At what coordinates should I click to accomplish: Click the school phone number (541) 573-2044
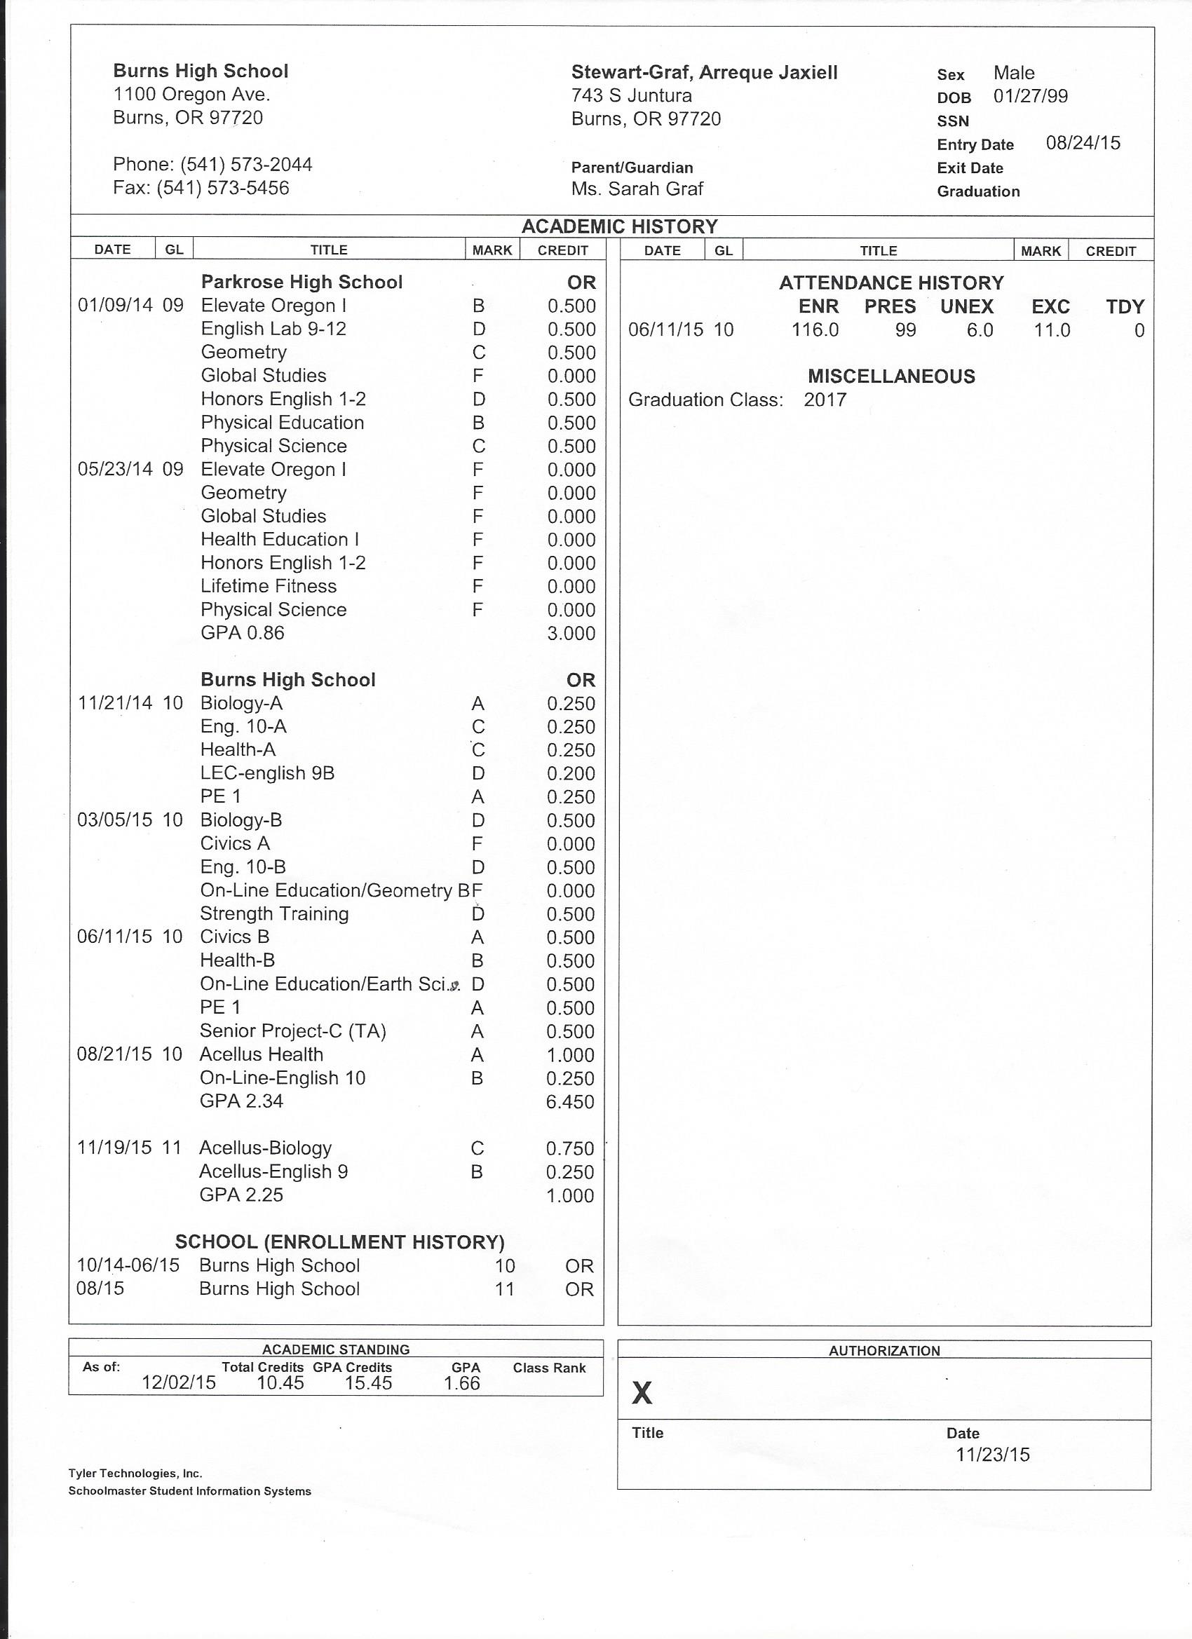pyautogui.click(x=246, y=165)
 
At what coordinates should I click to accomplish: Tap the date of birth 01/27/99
pyautogui.click(x=1030, y=97)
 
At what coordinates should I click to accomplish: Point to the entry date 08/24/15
pyautogui.click(x=1083, y=143)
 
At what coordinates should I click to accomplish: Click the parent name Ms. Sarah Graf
pyautogui.click(x=637, y=189)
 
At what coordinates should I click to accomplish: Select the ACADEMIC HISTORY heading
pyautogui.click(x=620, y=227)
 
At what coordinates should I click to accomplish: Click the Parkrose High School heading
pyautogui.click(x=302, y=283)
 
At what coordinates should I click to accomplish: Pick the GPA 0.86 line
pyautogui.click(x=242, y=633)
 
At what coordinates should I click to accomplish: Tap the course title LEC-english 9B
pyautogui.click(x=266, y=773)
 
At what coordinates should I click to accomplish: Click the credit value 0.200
pyautogui.click(x=570, y=774)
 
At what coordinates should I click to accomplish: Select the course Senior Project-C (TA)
pyautogui.click(x=293, y=1031)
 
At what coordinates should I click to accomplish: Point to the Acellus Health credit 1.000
pyautogui.click(x=570, y=1055)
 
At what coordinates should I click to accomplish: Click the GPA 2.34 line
pyautogui.click(x=241, y=1101)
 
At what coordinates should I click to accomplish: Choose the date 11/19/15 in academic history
pyautogui.click(x=114, y=1148)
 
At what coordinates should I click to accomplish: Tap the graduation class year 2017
pyautogui.click(x=825, y=400)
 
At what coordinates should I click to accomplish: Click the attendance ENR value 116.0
pyautogui.click(x=815, y=331)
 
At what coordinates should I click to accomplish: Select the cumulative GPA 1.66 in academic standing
pyautogui.click(x=462, y=1383)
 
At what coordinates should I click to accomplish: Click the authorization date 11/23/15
pyautogui.click(x=992, y=1455)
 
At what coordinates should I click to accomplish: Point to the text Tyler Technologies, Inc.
pyautogui.click(x=135, y=1474)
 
